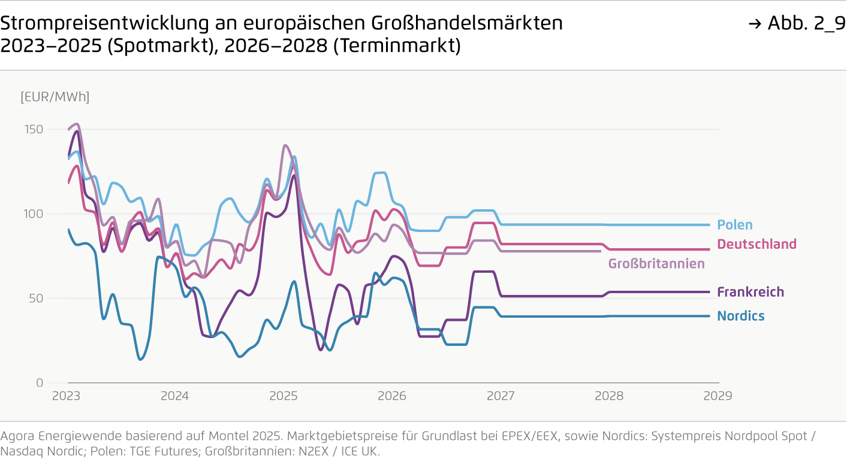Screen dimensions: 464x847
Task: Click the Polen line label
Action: coord(734,225)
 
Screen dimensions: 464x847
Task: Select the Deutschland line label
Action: coord(756,244)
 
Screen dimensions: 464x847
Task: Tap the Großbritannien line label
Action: coord(656,264)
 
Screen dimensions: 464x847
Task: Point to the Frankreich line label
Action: coord(750,292)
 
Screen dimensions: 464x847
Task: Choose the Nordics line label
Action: coord(741,316)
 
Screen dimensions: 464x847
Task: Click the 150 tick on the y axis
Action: coord(35,129)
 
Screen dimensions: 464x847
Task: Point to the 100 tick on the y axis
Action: coord(35,214)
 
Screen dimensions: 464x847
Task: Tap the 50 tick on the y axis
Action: coord(37,299)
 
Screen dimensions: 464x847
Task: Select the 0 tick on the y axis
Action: coord(40,383)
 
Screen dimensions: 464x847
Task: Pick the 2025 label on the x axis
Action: coord(283,396)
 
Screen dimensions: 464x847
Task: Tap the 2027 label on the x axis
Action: coord(500,396)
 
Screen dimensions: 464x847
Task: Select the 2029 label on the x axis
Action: coord(717,396)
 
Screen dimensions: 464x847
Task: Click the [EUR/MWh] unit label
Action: coord(55,97)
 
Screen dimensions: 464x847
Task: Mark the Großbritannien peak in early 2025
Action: coord(285,145)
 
